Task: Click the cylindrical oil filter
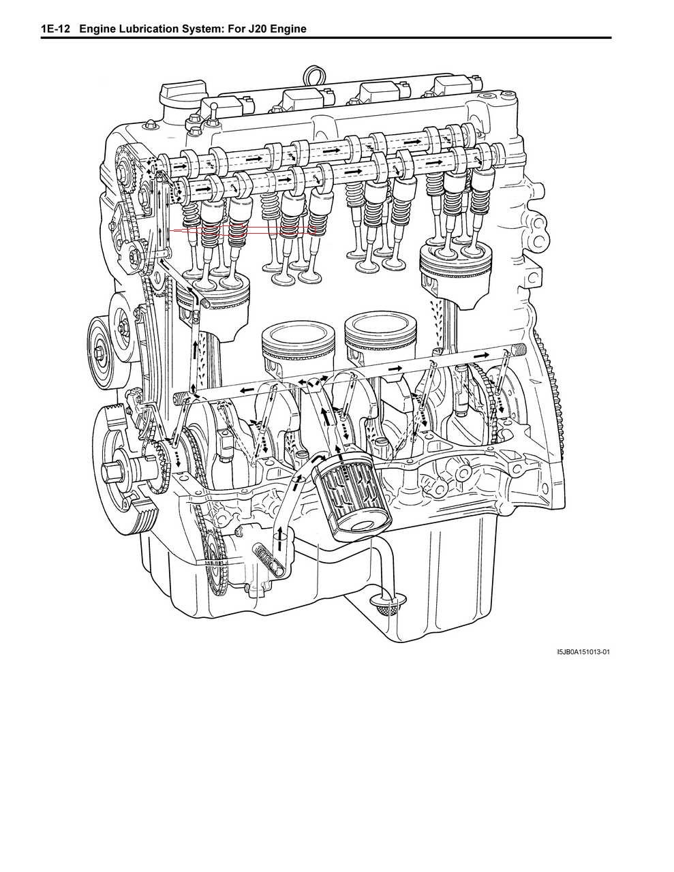348,495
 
